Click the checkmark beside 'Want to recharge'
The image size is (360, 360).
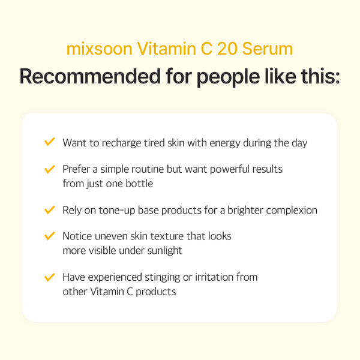(50, 142)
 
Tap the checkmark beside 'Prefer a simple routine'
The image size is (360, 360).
(50, 169)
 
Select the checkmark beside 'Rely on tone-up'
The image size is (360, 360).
(50, 210)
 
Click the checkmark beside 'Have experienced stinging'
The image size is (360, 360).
(50, 277)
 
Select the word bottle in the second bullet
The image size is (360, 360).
(139, 184)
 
